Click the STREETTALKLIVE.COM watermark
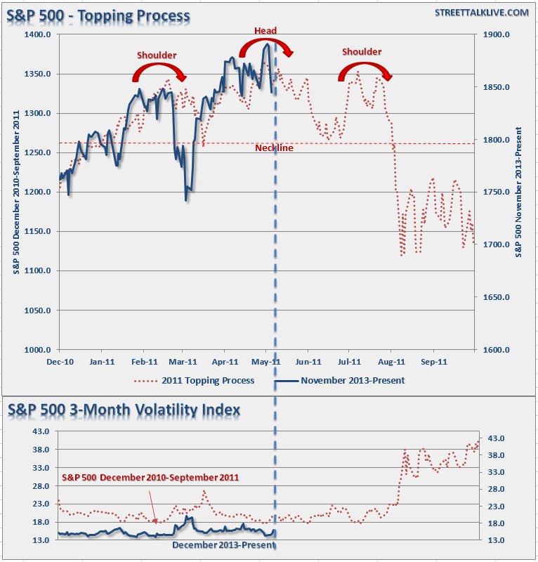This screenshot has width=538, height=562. coord(481,13)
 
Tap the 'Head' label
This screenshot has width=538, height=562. coord(265,30)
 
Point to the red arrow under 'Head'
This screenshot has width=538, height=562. coord(265,47)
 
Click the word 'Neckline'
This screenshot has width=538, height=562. coord(274,148)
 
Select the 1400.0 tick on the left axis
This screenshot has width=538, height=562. coord(39,34)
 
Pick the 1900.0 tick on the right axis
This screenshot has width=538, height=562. coord(494,34)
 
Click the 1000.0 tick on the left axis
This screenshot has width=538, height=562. coord(39,349)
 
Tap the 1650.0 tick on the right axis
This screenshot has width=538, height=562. coord(494,297)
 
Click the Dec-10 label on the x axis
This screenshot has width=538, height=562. coord(60,362)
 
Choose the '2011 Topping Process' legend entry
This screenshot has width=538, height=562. coord(194,381)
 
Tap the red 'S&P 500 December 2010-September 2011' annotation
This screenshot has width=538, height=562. coord(150,478)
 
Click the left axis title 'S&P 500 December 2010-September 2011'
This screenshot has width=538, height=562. coord(17,192)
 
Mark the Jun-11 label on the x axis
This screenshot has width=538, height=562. coord(308,362)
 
